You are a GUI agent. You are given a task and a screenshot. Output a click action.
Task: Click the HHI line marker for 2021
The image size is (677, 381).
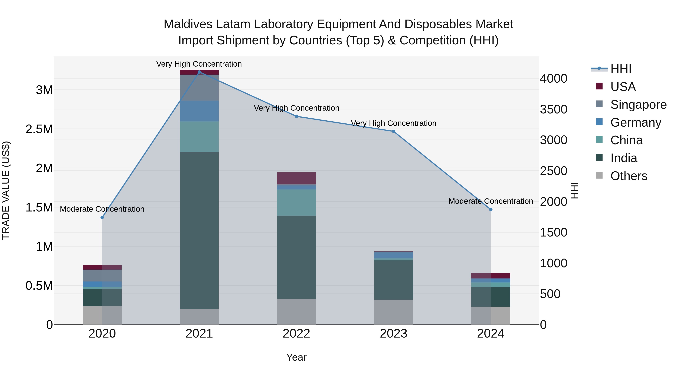point(199,72)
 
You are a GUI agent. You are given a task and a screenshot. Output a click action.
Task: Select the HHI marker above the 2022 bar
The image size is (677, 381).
point(296,116)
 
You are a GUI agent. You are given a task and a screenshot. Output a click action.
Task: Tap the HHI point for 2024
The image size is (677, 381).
point(491,210)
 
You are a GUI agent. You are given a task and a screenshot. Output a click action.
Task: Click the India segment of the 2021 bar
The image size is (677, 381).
point(199,230)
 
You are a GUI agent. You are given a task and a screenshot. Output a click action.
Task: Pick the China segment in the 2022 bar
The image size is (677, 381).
point(296,202)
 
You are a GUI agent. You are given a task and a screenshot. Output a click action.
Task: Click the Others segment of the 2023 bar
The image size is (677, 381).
point(393,312)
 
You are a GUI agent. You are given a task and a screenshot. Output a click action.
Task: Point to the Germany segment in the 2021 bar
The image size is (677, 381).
point(199,111)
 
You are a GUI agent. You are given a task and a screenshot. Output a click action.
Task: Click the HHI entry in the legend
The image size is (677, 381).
point(621,69)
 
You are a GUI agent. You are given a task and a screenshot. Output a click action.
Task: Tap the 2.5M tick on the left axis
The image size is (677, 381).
point(39,129)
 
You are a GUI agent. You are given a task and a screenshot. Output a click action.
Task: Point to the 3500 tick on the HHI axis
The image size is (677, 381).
point(553,109)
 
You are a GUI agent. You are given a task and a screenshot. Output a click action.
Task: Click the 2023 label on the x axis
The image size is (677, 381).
point(393,334)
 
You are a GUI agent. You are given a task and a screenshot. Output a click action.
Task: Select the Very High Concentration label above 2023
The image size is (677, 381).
point(393,123)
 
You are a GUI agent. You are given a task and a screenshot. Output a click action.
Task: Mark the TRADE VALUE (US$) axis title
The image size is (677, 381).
point(6,190)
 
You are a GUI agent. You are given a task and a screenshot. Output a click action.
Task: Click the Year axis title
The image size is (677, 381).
point(296,357)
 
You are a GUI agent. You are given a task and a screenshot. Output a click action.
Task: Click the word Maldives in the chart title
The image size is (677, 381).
point(188,24)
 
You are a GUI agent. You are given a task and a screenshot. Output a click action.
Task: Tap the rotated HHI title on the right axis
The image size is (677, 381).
point(575,190)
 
